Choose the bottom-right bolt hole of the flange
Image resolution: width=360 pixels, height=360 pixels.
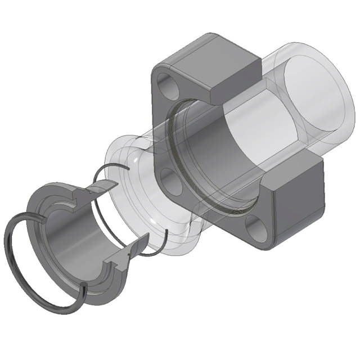[x=255, y=229]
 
